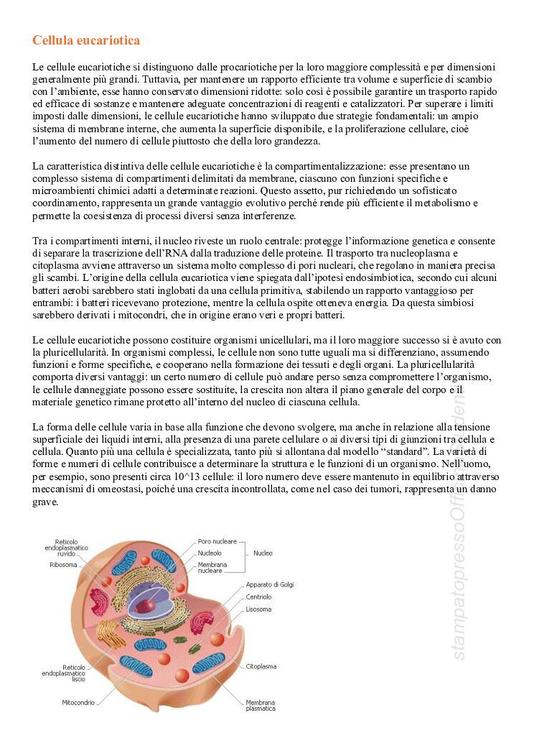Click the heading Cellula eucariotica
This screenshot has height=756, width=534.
pyautogui.click(x=86, y=40)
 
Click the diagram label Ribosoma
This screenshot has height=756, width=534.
pyautogui.click(x=63, y=565)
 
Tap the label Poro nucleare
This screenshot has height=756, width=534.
pyautogui.click(x=218, y=541)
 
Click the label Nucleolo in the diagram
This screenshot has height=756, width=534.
pyautogui.click(x=210, y=553)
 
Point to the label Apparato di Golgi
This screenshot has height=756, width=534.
pyautogui.click(x=270, y=584)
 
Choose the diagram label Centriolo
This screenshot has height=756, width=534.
pyautogui.click(x=258, y=596)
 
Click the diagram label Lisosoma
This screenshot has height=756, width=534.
pyautogui.click(x=258, y=609)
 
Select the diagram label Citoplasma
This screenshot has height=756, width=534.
pyautogui.click(x=261, y=666)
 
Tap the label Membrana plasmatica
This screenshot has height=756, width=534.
pyautogui.click(x=261, y=705)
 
